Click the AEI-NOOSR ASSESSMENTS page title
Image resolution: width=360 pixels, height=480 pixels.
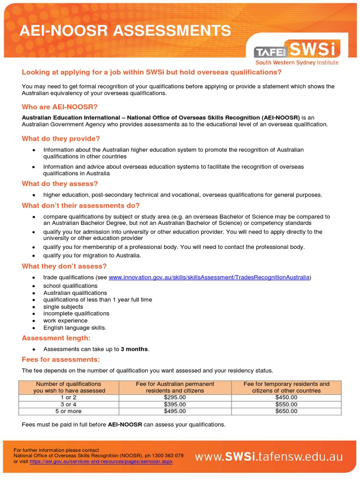(124, 31)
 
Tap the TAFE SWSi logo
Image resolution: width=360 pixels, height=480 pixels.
(297, 52)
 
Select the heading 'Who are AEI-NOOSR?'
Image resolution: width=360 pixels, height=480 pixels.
(60, 107)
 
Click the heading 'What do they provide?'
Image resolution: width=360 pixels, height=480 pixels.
(61, 139)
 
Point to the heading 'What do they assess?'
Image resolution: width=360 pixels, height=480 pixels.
(60, 184)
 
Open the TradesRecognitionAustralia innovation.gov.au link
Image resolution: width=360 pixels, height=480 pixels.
(209, 277)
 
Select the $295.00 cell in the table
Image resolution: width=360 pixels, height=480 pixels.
(175, 397)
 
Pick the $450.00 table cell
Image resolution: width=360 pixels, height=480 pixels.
(286, 397)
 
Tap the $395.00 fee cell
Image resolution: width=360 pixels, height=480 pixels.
(175, 404)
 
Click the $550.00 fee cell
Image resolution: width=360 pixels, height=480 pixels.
(286, 404)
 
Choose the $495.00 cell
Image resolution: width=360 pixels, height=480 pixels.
(175, 411)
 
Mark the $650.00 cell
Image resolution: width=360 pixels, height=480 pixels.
(286, 411)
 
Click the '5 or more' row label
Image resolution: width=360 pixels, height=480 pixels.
(69, 411)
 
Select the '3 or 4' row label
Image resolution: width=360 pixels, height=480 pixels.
(69, 404)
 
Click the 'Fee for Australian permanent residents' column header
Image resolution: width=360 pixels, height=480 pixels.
(175, 387)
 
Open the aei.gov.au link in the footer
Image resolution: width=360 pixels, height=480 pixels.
(101, 461)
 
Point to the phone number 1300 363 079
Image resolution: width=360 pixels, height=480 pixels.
(167, 455)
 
